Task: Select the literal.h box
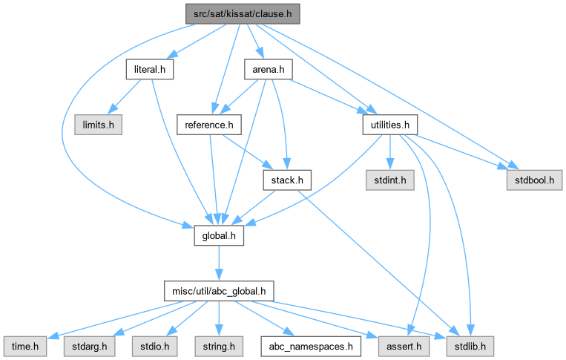pyautogui.click(x=149, y=70)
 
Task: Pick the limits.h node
pyautogui.click(x=98, y=125)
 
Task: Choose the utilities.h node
pyautogui.click(x=386, y=125)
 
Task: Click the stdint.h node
pyautogui.click(x=389, y=180)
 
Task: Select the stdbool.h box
pyautogui.click(x=534, y=180)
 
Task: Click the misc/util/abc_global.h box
pyautogui.click(x=219, y=290)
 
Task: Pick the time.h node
pyautogui.click(x=25, y=345)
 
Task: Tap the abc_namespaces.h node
pyautogui.click(x=312, y=345)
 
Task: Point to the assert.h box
pyautogui.click(x=401, y=345)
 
